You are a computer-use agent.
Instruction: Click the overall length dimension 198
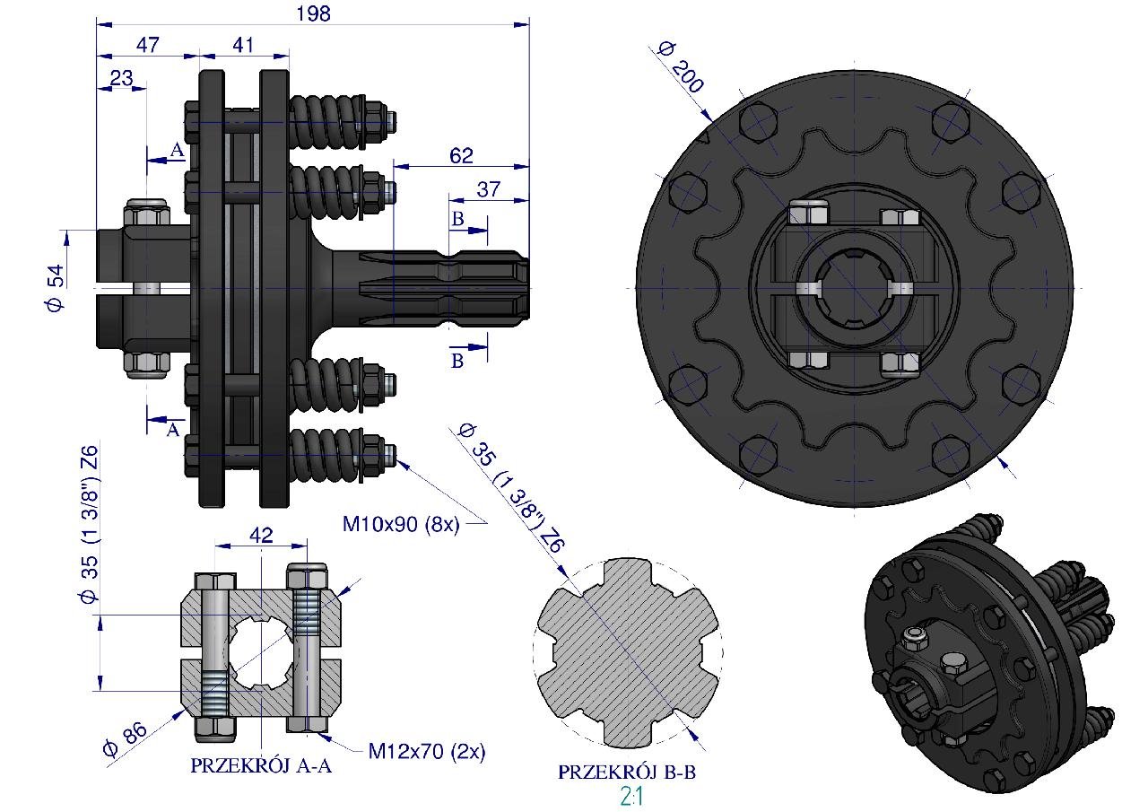[x=313, y=13]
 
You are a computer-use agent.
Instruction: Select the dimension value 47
[x=148, y=45]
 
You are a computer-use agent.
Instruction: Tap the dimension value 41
[x=243, y=45]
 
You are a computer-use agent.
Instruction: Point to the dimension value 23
[x=121, y=78]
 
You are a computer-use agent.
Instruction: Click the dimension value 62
[x=461, y=155]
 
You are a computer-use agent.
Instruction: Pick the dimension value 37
[x=488, y=189]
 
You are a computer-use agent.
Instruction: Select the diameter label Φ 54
[x=56, y=287]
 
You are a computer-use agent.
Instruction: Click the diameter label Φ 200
[x=681, y=68]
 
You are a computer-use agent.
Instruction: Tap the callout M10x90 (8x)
[x=401, y=524]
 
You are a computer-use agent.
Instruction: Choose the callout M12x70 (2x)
[x=426, y=752]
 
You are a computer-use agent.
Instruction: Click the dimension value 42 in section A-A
[x=261, y=535]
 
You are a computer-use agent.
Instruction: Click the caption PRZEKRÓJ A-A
[x=261, y=766]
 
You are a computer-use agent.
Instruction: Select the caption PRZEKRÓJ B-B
[x=627, y=772]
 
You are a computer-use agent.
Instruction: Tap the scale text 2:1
[x=631, y=797]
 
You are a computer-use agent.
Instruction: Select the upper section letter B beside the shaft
[x=457, y=219]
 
